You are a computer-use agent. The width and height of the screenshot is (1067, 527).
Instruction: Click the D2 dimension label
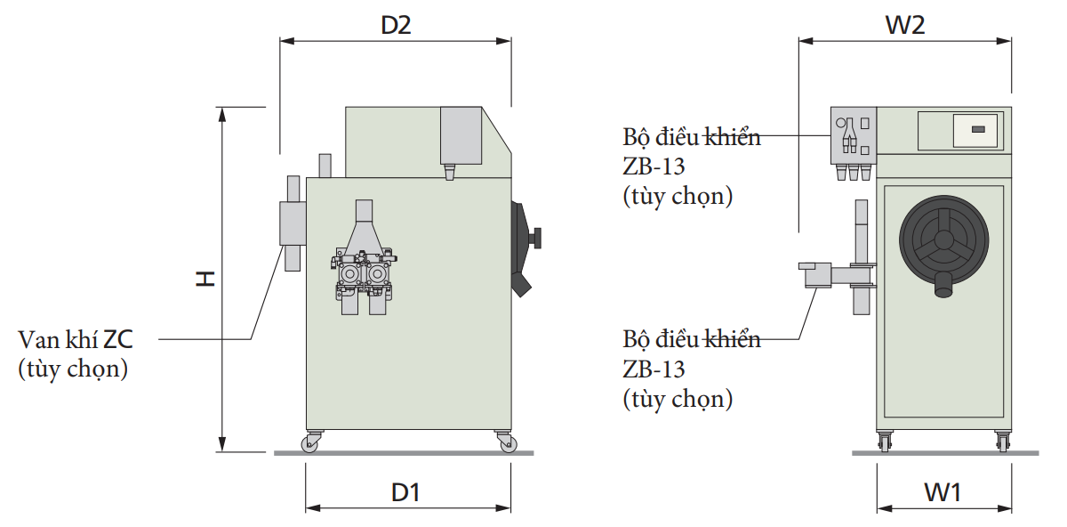pos(396,26)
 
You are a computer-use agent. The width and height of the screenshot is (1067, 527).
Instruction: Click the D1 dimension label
pos(405,492)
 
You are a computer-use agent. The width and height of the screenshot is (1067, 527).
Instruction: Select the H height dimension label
pos(206,279)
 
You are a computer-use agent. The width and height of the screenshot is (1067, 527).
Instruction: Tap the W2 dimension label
pos(904,26)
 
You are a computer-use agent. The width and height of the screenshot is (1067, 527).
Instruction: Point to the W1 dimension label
pos(943,492)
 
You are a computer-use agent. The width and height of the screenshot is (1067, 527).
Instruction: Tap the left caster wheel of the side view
pos(312,442)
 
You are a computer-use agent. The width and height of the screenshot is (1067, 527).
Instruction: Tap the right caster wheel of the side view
pos(504,442)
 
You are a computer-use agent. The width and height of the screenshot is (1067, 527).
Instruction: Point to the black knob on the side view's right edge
pos(535,237)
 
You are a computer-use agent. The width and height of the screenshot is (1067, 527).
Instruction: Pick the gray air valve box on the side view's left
pos(292,223)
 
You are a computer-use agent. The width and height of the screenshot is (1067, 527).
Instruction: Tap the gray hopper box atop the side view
pos(461,135)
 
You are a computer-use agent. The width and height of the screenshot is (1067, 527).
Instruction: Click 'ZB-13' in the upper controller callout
pos(654,166)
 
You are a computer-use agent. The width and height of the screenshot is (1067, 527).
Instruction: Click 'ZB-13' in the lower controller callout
pos(654,369)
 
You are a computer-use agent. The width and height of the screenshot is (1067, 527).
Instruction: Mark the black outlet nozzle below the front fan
pos(944,285)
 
